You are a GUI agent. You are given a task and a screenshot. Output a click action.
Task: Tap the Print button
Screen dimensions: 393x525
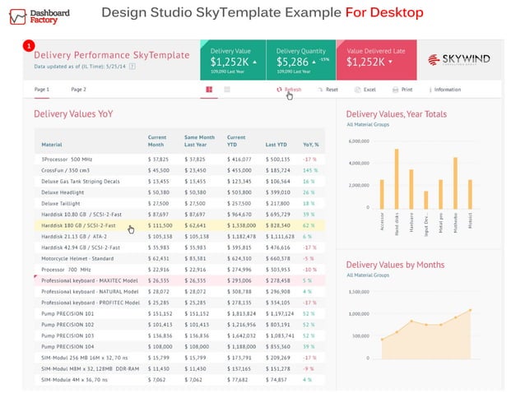(402, 89)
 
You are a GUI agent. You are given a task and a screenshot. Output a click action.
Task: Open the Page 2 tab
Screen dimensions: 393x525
(78, 89)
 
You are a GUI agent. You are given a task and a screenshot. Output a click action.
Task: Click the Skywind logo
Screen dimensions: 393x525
(460, 59)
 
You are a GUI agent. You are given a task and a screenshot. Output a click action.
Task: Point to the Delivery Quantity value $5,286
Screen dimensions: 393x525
(292, 62)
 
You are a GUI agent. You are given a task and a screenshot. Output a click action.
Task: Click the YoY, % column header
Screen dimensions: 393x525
(310, 144)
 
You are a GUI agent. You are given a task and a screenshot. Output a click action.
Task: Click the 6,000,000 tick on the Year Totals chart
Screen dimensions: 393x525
(359, 141)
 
